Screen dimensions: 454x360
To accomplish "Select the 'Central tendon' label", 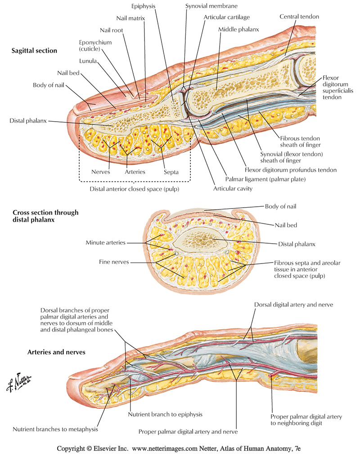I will (x=299, y=17).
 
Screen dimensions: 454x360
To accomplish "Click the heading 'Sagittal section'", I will (x=34, y=50).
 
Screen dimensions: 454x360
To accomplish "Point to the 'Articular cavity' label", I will (x=233, y=189).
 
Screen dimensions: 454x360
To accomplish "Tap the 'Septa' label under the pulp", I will (x=171, y=172).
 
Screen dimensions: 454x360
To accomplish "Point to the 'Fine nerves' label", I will (x=114, y=261).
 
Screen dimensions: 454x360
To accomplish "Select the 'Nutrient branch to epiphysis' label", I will (x=165, y=414).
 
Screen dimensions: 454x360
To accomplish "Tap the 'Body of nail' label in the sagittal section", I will (x=49, y=85).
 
